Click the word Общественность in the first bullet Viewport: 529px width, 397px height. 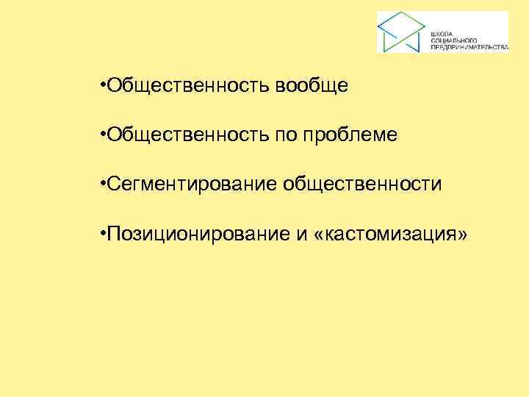tap(189, 87)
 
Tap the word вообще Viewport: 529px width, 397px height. tap(312, 87)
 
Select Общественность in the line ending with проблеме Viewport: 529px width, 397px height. tap(189, 135)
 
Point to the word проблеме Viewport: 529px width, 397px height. tap(352, 135)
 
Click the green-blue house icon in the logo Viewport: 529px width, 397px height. tap(401, 32)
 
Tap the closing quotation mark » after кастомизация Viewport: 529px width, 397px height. tap(461, 234)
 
